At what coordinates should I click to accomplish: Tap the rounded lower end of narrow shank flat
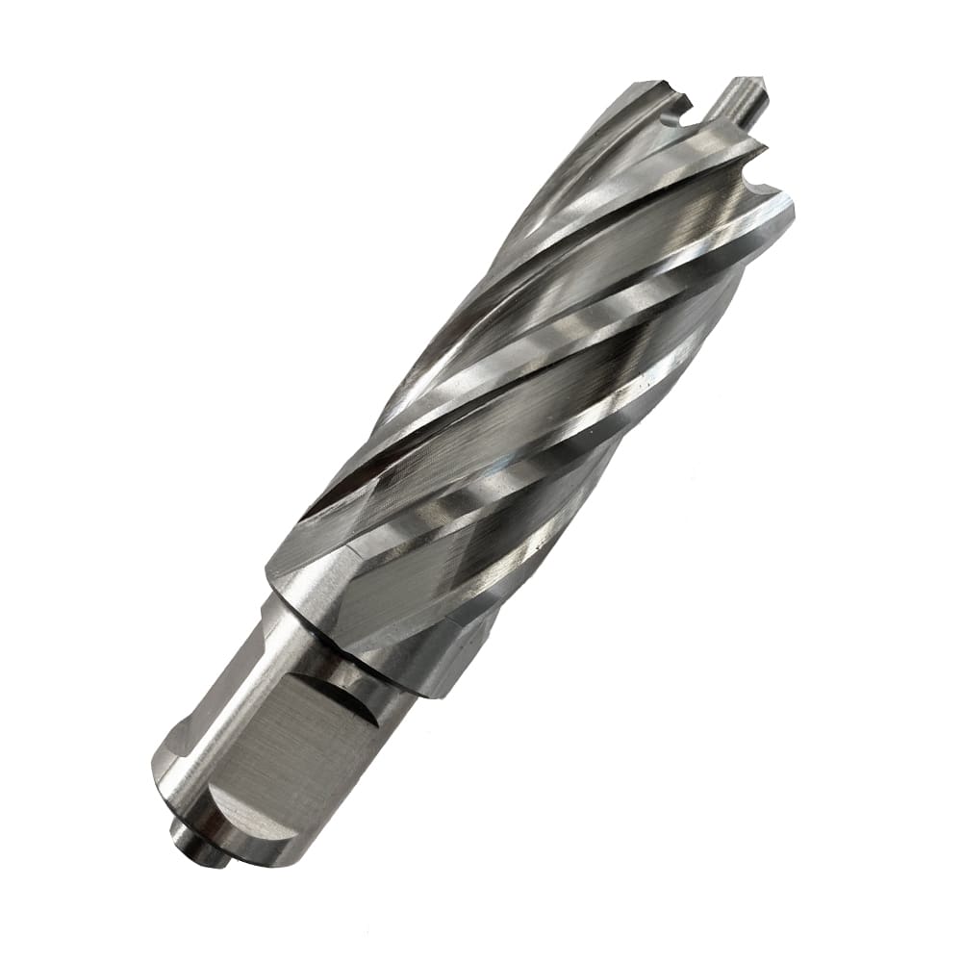coord(178,770)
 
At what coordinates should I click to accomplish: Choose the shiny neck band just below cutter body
coord(385,664)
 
